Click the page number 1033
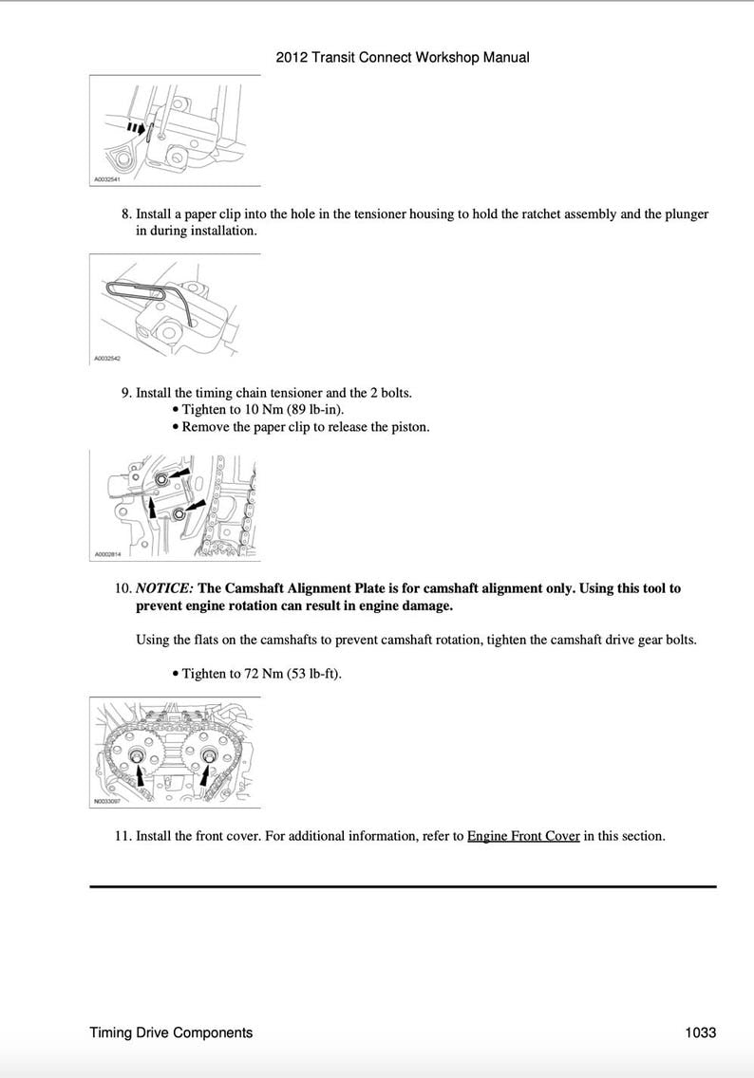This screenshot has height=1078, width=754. click(x=700, y=1032)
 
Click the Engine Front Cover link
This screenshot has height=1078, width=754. click(x=522, y=837)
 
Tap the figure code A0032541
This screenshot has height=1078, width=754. click(x=106, y=179)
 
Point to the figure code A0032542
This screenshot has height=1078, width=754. click(x=106, y=360)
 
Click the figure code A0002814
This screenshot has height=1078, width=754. click(x=106, y=554)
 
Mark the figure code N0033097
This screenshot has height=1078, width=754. click(x=106, y=801)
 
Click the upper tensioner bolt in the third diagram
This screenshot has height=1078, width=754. click(x=162, y=480)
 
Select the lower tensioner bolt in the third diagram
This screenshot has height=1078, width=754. click(x=179, y=514)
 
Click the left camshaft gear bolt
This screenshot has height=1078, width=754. click(x=137, y=755)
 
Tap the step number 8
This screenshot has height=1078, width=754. click(x=126, y=214)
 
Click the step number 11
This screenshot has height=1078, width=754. click(x=122, y=837)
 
